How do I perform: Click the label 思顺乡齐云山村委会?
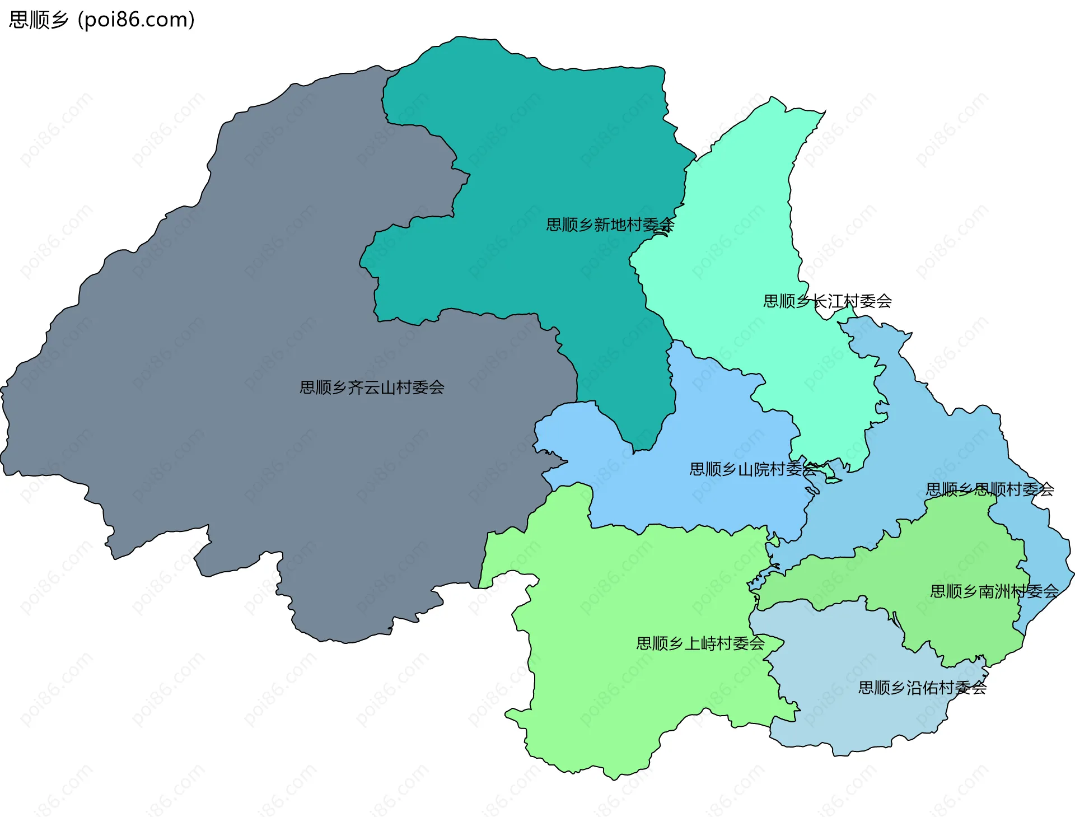tap(372, 388)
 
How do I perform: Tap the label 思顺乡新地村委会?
tap(610, 225)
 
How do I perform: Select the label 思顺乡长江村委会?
tap(828, 301)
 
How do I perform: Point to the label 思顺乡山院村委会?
tap(753, 469)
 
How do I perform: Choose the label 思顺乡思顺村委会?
tap(990, 489)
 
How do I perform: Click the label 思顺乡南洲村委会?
tap(994, 591)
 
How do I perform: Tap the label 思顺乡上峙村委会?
tap(700, 643)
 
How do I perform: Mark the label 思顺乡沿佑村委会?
tap(922, 688)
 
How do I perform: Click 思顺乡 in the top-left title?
tap(39, 20)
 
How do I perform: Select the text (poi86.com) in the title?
tap(136, 20)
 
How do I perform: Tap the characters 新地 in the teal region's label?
tap(610, 225)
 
